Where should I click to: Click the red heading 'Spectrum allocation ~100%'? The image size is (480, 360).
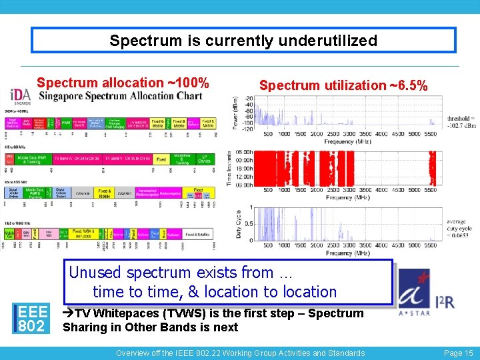click(x=123, y=83)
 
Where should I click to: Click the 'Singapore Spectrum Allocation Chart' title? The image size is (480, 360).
click(x=120, y=96)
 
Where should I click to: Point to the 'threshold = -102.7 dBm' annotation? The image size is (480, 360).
click(x=461, y=121)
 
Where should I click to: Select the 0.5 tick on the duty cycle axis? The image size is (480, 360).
click(x=249, y=224)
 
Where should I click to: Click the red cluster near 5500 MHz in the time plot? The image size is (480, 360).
click(x=432, y=168)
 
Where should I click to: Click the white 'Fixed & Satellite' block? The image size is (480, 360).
click(x=201, y=234)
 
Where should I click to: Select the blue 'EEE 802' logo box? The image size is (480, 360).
click(x=32, y=318)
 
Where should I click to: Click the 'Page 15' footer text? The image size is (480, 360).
click(x=458, y=353)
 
